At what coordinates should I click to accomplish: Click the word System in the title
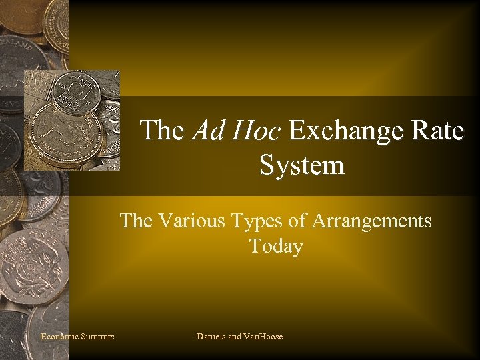[302, 165]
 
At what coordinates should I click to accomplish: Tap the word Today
[276, 247]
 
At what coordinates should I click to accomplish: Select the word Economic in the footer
[59, 337]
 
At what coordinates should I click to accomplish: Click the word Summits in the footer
[97, 337]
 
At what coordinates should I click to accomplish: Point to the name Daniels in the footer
[211, 337]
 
